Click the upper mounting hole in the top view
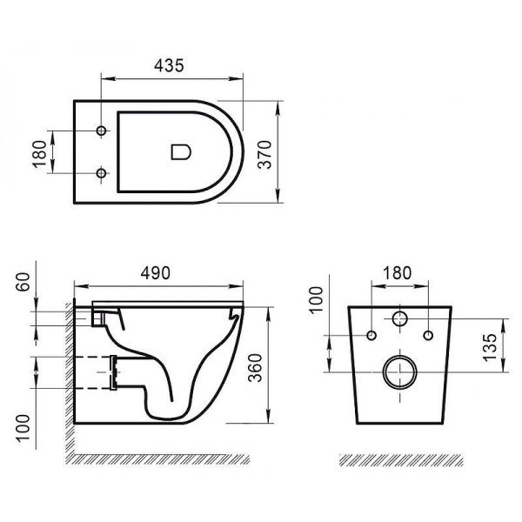coord(102,131)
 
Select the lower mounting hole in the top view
coord(102,174)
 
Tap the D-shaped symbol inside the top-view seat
coord(180,152)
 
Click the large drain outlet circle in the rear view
coord(400,372)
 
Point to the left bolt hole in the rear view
coord(371,336)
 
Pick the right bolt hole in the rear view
coord(428,336)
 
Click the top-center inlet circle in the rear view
coord(400,318)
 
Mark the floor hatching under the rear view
coord(399,458)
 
